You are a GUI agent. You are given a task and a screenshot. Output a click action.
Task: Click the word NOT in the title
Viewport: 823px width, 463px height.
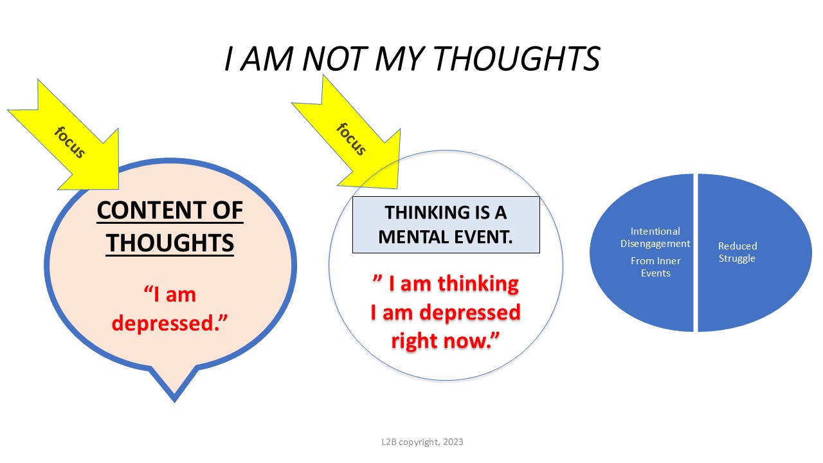tap(334, 59)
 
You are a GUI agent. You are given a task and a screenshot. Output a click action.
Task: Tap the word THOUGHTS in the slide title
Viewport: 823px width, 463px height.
tap(518, 59)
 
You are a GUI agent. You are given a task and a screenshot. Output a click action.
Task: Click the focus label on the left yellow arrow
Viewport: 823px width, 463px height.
tap(70, 142)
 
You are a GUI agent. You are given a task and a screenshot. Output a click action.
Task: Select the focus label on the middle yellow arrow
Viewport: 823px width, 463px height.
tap(351, 140)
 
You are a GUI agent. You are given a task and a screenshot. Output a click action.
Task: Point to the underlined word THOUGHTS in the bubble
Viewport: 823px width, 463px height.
tap(170, 243)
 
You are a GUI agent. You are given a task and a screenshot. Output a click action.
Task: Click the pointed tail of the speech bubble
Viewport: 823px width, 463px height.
tap(174, 401)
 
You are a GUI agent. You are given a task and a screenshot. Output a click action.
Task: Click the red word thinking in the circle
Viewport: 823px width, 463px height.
tap(478, 284)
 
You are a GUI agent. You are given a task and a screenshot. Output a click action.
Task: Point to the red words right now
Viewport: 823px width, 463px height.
tap(446, 341)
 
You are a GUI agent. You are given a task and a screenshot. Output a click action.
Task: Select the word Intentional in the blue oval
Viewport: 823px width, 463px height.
tap(655, 232)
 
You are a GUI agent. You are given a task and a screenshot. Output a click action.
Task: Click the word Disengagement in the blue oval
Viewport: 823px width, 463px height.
tap(655, 244)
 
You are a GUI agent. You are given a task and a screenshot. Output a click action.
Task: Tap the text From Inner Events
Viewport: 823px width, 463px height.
tap(656, 267)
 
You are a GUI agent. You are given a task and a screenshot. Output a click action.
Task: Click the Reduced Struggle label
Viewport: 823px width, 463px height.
tap(737, 253)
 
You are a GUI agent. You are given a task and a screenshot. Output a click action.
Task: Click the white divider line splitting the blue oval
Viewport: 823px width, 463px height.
tap(696, 253)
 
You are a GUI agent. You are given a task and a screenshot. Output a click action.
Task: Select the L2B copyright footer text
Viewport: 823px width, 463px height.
tap(422, 442)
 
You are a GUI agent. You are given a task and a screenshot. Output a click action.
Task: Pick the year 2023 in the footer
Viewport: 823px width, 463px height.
tap(453, 442)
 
